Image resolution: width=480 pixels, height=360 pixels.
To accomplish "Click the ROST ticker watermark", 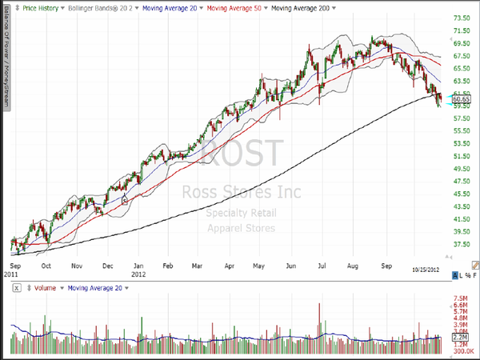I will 240,152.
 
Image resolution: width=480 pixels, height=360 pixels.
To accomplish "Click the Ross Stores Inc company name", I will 240,192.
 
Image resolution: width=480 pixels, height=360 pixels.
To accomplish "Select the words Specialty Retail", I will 240,213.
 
